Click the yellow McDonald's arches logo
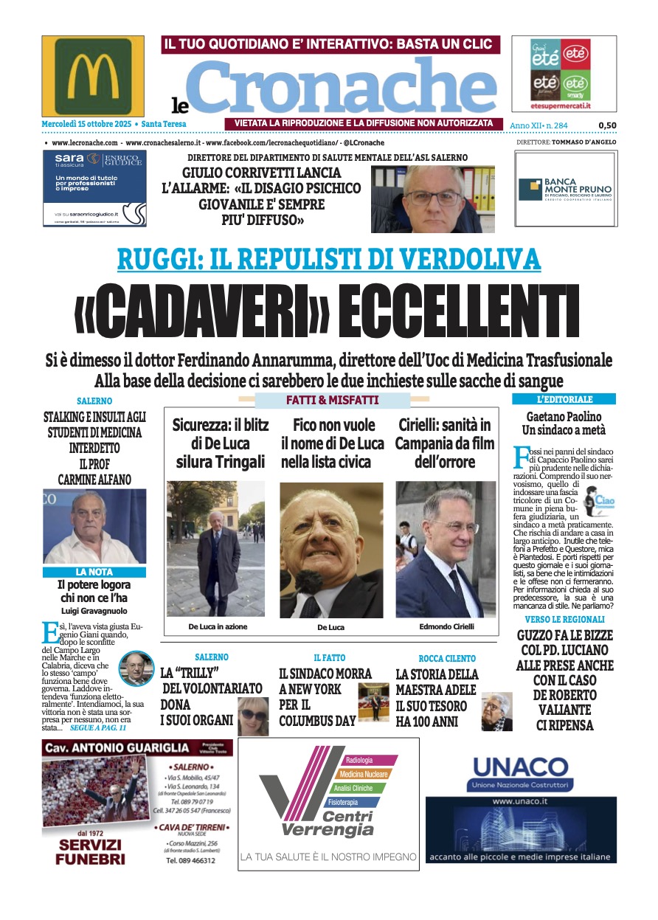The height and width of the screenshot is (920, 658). (x=93, y=76)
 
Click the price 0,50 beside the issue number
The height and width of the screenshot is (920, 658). (x=607, y=125)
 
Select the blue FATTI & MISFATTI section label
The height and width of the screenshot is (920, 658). (x=332, y=401)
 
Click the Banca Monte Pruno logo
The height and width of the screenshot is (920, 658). (x=565, y=189)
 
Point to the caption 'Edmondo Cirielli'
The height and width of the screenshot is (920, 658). (x=446, y=626)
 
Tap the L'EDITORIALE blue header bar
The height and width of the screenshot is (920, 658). (x=564, y=399)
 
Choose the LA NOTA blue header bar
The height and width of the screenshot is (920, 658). (x=94, y=572)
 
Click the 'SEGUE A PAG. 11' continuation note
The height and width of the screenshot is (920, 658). (x=97, y=727)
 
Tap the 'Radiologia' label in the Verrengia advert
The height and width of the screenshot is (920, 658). (x=359, y=760)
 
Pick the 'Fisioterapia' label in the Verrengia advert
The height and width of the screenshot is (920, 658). (x=344, y=801)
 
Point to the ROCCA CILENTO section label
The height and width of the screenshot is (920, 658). (x=447, y=658)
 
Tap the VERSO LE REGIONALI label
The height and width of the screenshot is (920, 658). (x=564, y=620)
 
